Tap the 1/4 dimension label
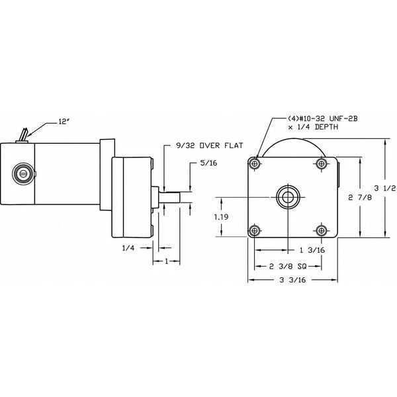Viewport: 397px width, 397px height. (130, 248)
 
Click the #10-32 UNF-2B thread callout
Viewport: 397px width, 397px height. (304, 120)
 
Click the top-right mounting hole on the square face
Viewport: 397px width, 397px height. (321, 163)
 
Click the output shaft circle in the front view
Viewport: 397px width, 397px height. (288, 196)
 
